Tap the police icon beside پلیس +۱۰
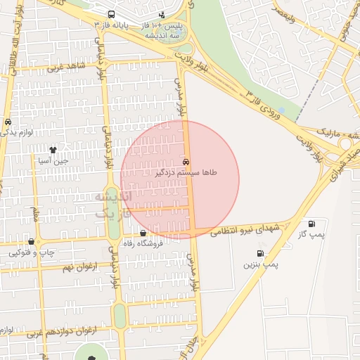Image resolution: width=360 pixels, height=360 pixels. coord(162,14)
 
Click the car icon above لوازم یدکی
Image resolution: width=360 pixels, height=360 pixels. coord(8,121)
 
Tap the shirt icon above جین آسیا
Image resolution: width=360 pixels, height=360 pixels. coord(53,149)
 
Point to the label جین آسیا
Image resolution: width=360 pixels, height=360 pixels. coord(53,160)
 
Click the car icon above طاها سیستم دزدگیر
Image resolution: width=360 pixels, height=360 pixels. coord(186,161)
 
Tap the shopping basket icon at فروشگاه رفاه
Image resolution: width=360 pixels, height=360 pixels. coord(143,233)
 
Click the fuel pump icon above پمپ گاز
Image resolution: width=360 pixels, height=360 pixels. coord(311,224)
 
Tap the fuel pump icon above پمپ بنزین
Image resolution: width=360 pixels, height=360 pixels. coord(261,253)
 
